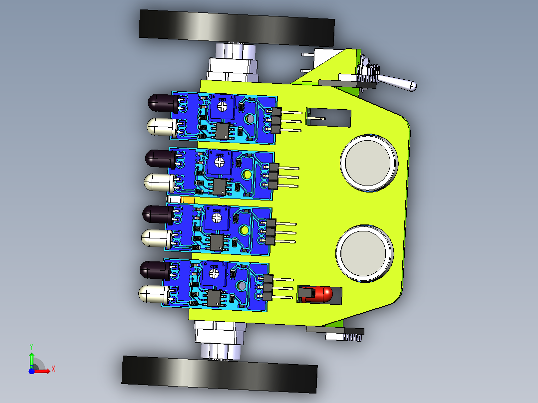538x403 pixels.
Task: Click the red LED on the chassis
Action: tap(321, 294)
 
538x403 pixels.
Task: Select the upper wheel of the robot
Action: tap(237, 28)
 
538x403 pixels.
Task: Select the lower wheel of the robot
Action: tap(220, 374)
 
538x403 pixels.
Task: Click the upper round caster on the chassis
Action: tap(369, 163)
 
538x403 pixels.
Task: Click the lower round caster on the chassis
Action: tap(364, 253)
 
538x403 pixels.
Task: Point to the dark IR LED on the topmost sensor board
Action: tap(163, 103)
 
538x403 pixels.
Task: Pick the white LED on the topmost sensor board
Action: tap(162, 127)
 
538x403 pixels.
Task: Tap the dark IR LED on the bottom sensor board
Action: tap(155, 270)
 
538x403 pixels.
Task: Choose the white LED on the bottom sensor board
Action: tap(154, 294)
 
